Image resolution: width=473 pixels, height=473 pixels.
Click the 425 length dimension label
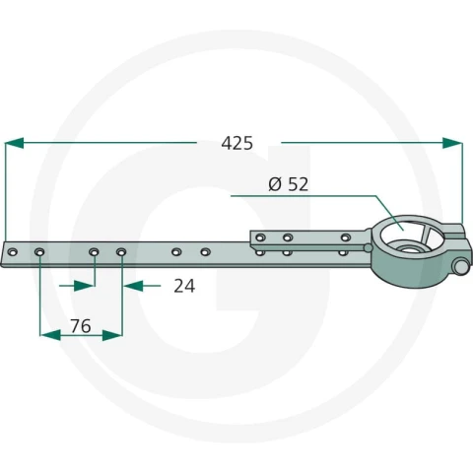click(x=236, y=144)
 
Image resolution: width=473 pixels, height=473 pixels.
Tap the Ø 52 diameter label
click(x=289, y=184)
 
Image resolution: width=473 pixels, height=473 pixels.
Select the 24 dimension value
click(x=184, y=286)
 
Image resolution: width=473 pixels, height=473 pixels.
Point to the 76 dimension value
click(x=81, y=326)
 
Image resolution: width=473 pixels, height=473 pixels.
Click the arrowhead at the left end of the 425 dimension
click(x=15, y=143)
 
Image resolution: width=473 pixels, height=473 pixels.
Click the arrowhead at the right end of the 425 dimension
click(x=452, y=143)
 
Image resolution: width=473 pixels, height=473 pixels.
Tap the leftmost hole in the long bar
click(x=13, y=252)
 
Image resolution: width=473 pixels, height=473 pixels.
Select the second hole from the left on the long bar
click(x=39, y=252)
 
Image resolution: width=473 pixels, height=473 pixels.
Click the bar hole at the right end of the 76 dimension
click(x=121, y=252)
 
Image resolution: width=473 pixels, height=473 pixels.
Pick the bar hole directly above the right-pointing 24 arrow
click(x=94, y=252)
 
